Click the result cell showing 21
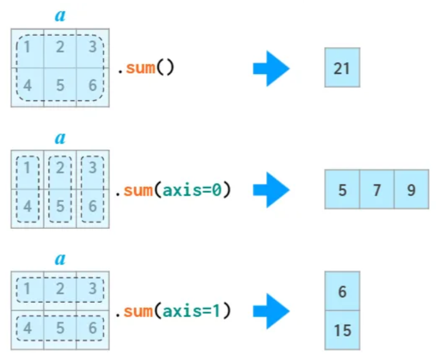pos(342,68)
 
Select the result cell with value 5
pos(342,190)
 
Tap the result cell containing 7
pos(376,190)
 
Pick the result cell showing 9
pos(411,190)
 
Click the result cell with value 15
pos(342,330)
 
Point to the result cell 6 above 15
pos(342,291)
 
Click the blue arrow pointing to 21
pos(271,68)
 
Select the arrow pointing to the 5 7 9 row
pos(271,190)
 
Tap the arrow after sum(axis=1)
pos(271,311)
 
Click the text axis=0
pos(193,190)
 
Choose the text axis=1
pos(193,311)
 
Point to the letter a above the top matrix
pos(60,16)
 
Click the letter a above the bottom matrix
pos(60,259)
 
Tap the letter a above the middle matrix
pos(60,138)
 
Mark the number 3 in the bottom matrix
pos(93,289)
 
